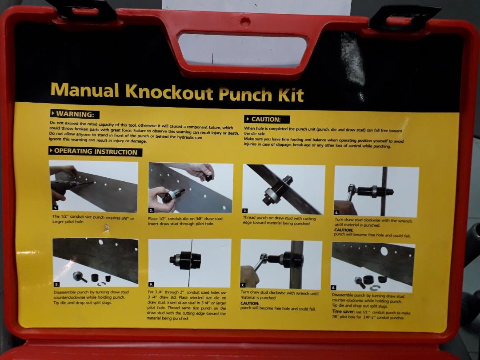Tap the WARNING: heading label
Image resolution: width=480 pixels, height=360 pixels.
point(74,114)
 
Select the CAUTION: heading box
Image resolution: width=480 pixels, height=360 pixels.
point(267,119)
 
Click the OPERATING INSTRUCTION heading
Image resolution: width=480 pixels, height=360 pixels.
point(95,152)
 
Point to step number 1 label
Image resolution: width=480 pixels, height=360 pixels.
point(55,208)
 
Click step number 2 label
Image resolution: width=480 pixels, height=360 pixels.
point(152,210)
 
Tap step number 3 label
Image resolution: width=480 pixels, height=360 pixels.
point(246,210)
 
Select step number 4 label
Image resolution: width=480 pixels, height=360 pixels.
point(337,212)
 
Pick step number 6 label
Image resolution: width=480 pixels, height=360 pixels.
point(152,284)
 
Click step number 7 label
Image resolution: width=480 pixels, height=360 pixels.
point(243,285)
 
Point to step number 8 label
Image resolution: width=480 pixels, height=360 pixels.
point(334,288)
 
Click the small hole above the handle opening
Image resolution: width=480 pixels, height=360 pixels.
point(243,20)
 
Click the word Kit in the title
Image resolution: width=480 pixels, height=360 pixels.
point(292,95)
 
